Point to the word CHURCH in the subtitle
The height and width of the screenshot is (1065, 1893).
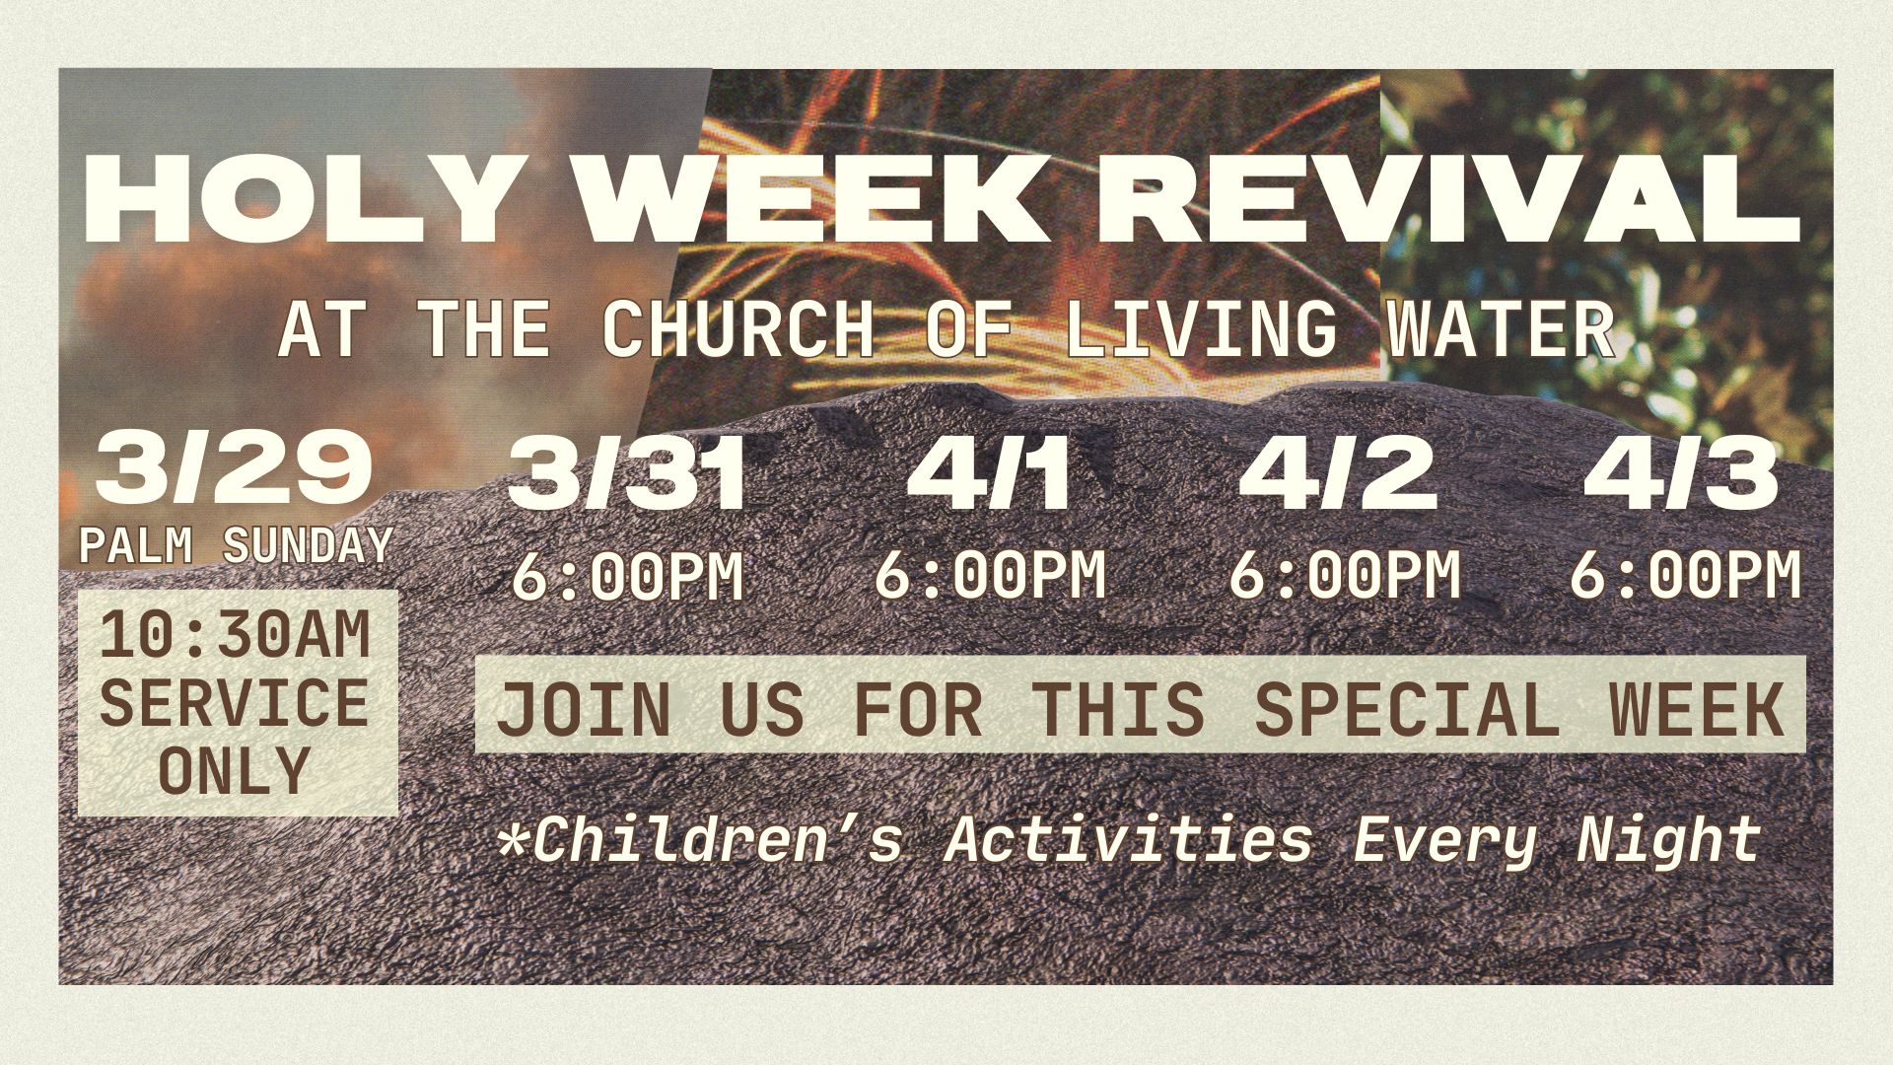point(738,328)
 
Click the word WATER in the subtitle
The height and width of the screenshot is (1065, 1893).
point(1500,328)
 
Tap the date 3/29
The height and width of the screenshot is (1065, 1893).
point(234,469)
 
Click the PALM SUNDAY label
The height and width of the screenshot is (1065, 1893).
point(237,545)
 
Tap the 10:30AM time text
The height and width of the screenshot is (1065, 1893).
point(236,635)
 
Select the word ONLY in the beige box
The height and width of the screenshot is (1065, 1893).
point(235,770)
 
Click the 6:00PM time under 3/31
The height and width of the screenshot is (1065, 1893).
point(627,576)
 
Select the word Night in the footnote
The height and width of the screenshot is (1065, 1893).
point(1668,841)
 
